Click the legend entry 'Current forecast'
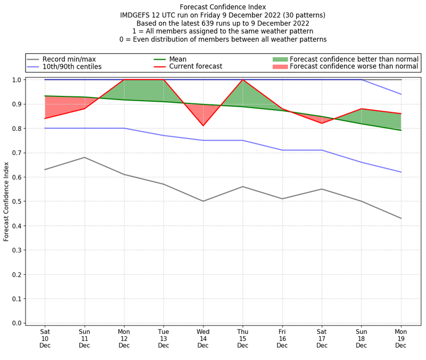[195, 67]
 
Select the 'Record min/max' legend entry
[68, 59]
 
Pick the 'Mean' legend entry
[179, 59]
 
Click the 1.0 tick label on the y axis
[17, 80]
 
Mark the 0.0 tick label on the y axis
[17, 323]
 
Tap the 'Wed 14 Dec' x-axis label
[203, 338]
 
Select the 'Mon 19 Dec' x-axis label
[400, 338]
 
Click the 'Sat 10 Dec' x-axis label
[45, 338]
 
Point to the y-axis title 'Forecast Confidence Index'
[6, 201]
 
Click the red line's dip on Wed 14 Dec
[203, 126]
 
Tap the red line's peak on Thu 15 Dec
[243, 80]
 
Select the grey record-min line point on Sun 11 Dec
[84, 157]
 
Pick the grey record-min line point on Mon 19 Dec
[400, 218]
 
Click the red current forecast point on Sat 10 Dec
[45, 118]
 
